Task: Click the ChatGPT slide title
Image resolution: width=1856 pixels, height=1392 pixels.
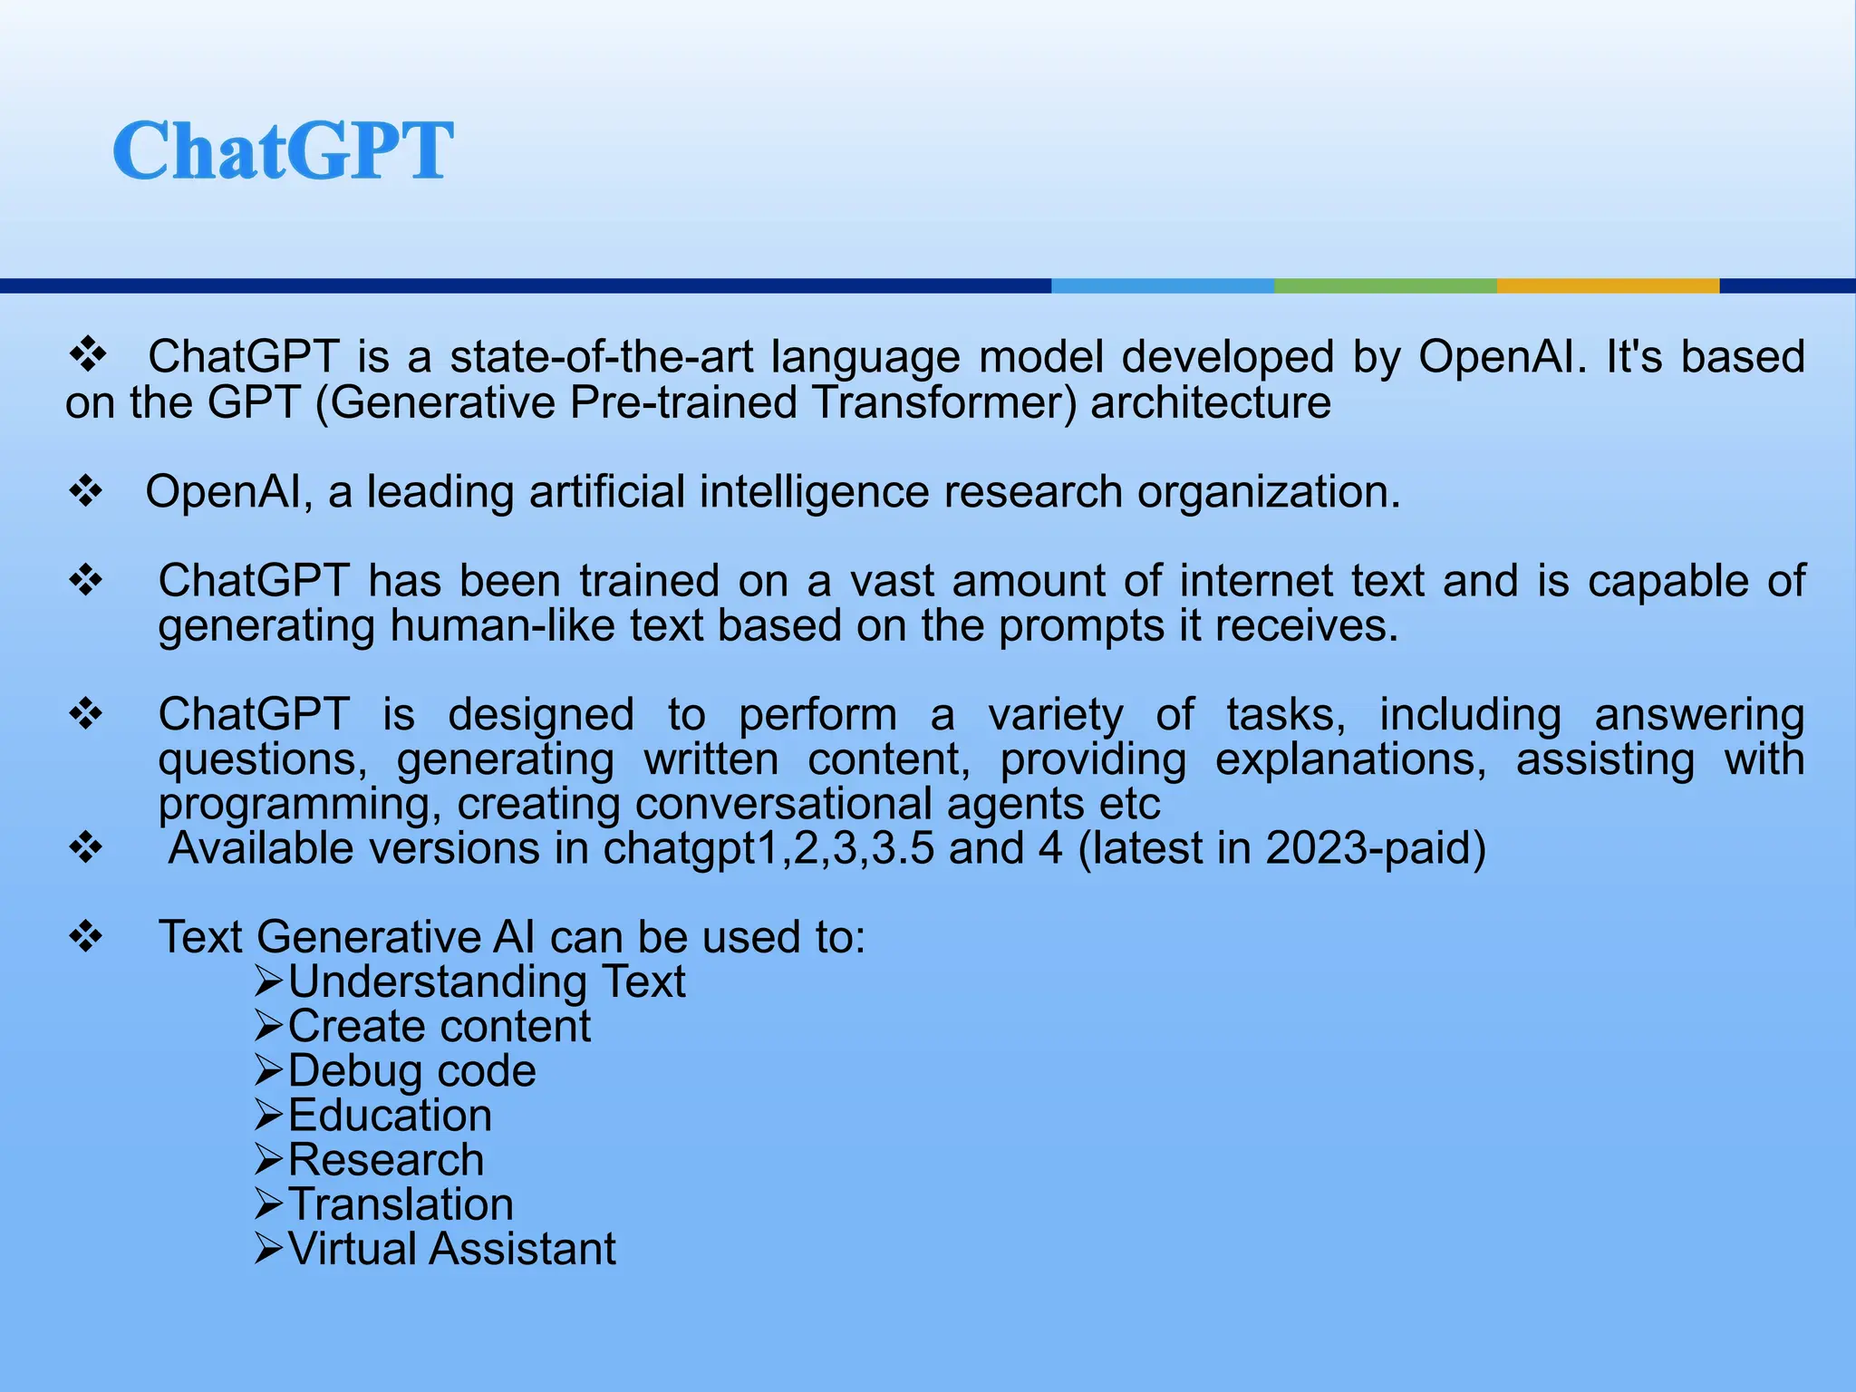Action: coord(283,150)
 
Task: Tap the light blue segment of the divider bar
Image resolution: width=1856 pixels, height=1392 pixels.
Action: coord(1162,285)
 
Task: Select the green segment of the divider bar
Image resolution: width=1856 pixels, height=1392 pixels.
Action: coord(1385,285)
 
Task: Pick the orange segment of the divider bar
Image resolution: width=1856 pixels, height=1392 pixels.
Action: coord(1607,285)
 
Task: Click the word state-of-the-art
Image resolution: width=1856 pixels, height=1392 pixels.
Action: coord(602,357)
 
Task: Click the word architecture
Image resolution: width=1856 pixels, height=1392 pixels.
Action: coord(1211,402)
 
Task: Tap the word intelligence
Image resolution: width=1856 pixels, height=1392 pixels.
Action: coord(814,492)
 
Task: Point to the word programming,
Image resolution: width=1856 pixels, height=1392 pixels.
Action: coord(300,805)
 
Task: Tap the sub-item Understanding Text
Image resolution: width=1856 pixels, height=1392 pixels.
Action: coord(487,982)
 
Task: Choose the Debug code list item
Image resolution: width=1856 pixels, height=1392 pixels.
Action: coord(411,1071)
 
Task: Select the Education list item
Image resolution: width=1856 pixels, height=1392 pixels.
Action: coord(390,1116)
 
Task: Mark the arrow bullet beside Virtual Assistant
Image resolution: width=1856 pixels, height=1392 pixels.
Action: coord(269,1249)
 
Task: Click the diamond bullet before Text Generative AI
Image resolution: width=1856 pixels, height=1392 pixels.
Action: coord(86,937)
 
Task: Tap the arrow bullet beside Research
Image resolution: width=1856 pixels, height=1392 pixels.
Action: coord(269,1160)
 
